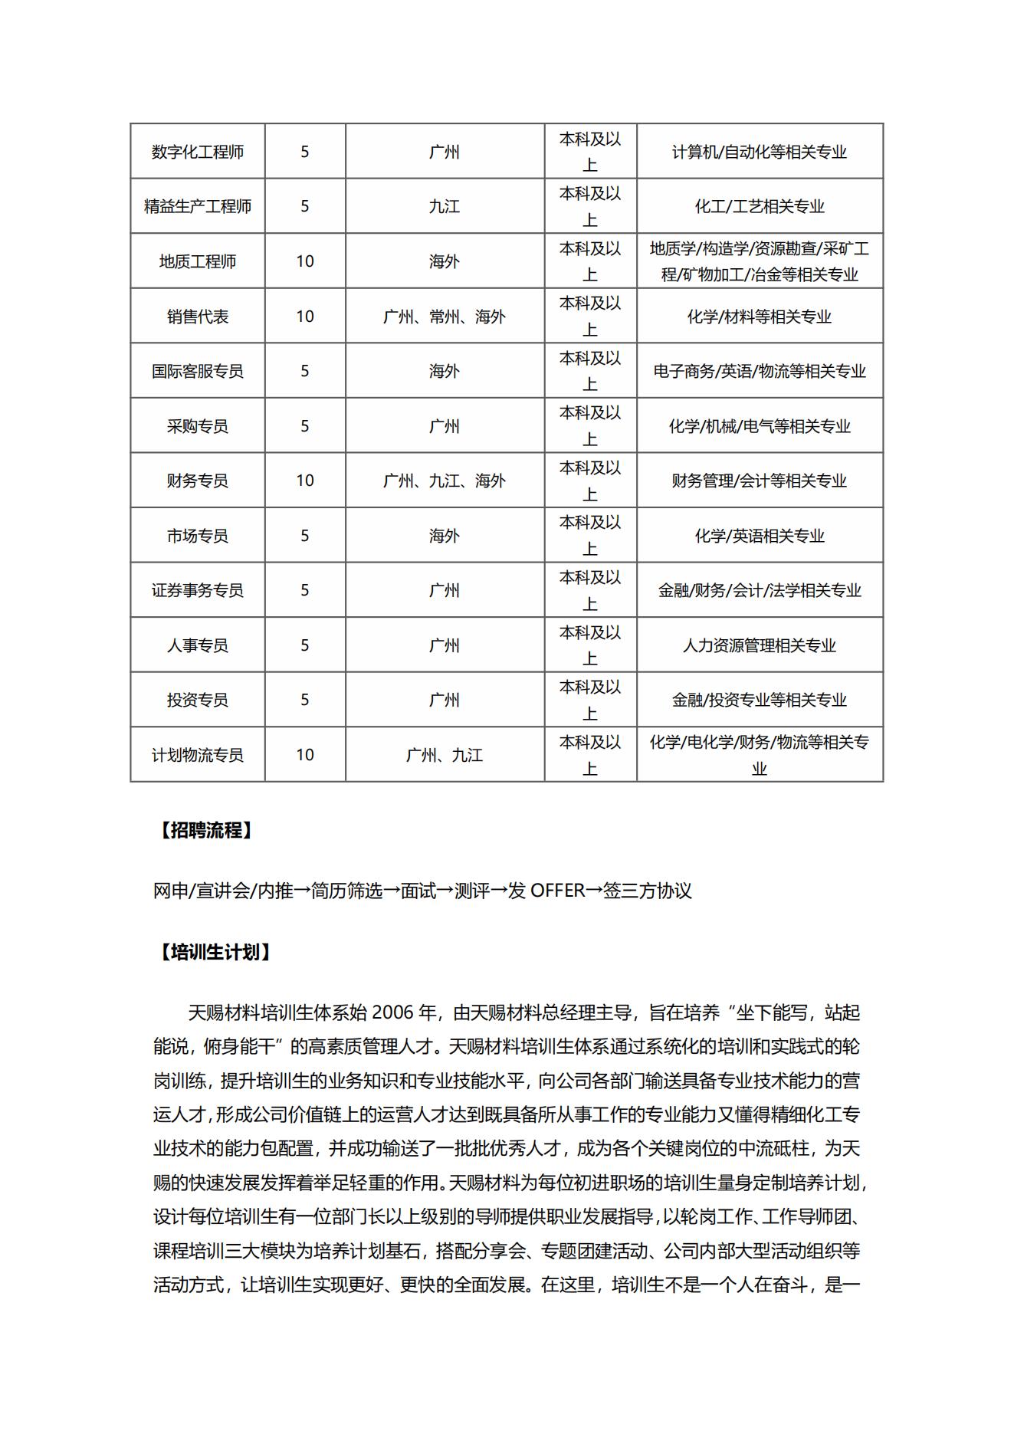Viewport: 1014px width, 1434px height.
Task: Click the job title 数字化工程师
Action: point(197,152)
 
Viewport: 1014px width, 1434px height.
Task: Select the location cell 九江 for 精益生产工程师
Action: point(445,206)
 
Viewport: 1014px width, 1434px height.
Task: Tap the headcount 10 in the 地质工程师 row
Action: point(305,261)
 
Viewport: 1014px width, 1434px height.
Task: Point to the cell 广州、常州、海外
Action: point(445,317)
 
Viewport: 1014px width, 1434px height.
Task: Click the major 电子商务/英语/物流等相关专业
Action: point(759,371)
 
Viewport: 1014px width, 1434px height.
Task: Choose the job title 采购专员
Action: point(197,426)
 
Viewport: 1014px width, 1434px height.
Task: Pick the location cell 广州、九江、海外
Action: point(445,481)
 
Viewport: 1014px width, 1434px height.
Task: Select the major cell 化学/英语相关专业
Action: point(759,536)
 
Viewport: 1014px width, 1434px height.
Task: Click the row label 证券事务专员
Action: point(197,590)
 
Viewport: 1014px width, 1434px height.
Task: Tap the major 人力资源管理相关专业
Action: point(759,645)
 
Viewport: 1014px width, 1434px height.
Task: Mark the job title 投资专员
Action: point(197,700)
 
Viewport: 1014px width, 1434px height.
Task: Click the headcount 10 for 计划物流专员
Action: point(305,755)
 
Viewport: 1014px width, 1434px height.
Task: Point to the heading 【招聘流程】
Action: point(205,830)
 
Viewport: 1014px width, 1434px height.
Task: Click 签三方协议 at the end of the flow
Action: point(648,891)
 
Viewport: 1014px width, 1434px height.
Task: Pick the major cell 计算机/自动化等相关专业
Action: point(759,152)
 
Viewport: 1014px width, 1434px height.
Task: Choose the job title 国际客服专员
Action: point(197,371)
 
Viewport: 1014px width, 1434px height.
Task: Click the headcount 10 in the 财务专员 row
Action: point(305,481)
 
